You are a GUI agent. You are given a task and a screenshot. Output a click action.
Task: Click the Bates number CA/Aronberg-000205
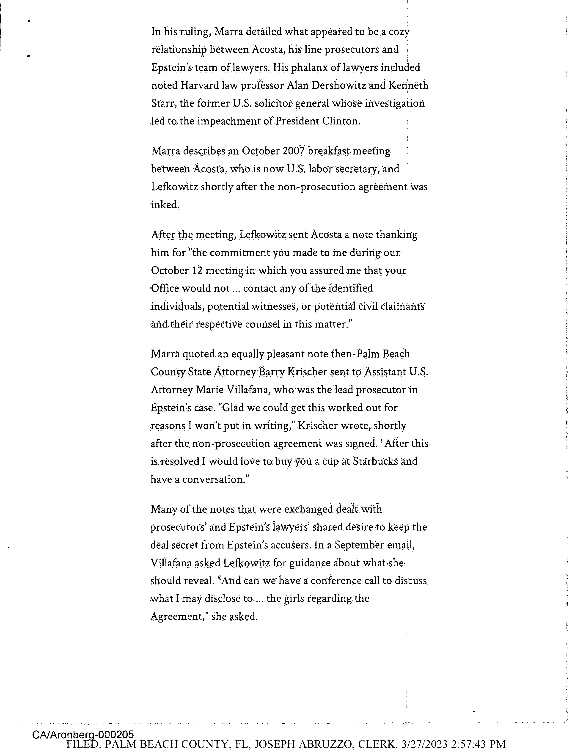coord(83,735)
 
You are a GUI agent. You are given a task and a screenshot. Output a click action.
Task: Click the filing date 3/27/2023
coord(427,744)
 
